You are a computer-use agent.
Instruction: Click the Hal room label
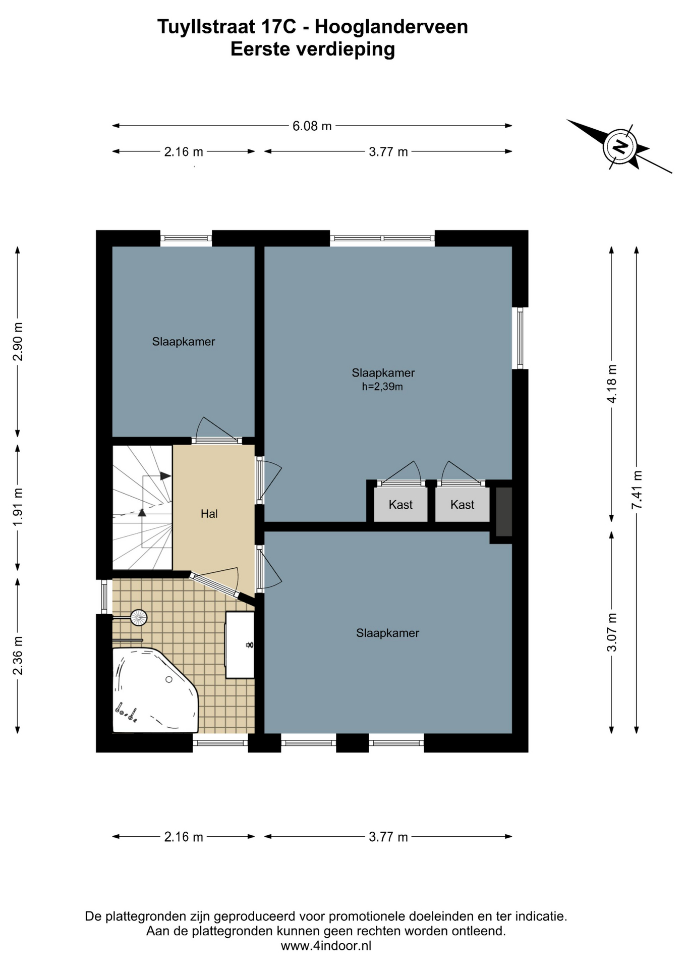pos(209,514)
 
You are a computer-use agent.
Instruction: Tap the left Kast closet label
pos(401,505)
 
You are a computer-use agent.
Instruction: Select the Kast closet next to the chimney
pos(462,505)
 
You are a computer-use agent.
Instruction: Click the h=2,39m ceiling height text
pos(382,387)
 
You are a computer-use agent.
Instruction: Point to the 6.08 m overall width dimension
pos(312,126)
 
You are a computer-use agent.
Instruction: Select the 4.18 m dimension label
pos(612,384)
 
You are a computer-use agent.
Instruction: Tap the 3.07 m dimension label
pos(612,632)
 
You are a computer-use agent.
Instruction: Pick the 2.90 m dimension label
pos(18,341)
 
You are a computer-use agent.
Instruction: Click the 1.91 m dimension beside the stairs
pos(18,507)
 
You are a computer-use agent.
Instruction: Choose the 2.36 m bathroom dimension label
pos(18,656)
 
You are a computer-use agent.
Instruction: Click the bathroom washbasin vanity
pos(240,644)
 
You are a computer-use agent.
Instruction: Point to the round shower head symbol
pos(139,617)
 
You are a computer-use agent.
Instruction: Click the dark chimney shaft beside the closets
pos(504,512)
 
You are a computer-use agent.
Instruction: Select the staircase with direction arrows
pos(142,507)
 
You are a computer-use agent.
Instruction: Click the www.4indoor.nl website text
pos(326,946)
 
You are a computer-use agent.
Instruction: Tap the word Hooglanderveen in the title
pos(391,27)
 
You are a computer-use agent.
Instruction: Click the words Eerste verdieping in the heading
pos(313,49)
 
